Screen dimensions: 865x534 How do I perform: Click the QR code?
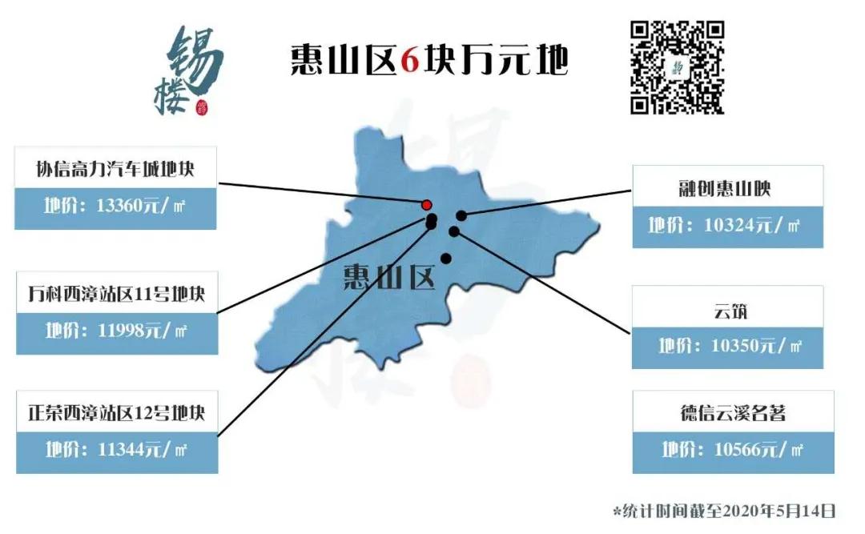click(677, 67)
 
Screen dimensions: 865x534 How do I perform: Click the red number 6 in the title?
click(409, 58)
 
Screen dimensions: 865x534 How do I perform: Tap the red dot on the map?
click(427, 205)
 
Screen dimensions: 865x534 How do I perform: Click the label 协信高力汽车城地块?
click(115, 169)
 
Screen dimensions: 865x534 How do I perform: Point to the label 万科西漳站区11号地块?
click(116, 294)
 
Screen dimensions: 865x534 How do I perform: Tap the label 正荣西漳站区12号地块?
click(116, 412)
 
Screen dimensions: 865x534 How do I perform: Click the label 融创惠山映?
click(726, 188)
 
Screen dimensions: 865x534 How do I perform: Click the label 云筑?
click(726, 309)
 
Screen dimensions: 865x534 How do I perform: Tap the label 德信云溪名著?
click(732, 413)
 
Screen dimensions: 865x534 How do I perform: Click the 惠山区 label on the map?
click(388, 277)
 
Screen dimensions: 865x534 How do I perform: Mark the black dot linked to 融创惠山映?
click(461, 215)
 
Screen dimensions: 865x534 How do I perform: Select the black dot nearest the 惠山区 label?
click(445, 258)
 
